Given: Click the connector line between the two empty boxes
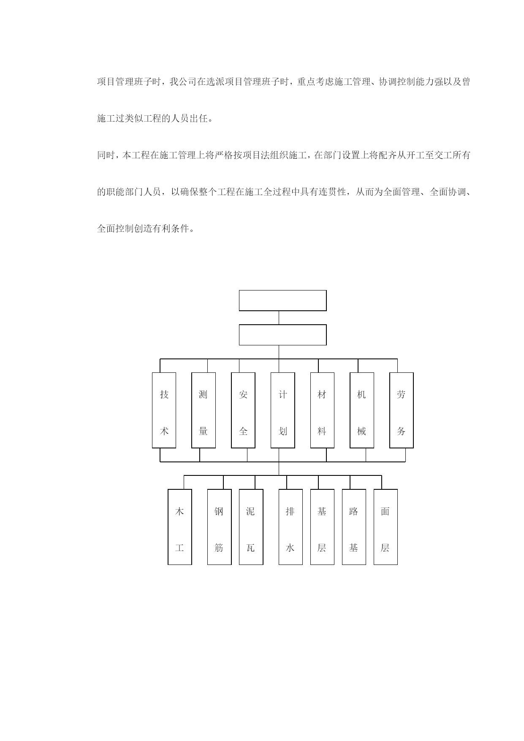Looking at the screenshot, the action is click(279, 318).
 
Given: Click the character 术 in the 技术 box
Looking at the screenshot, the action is click(164, 431).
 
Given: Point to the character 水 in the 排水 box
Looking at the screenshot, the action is click(291, 548).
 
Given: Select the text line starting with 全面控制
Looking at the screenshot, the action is click(146, 229).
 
